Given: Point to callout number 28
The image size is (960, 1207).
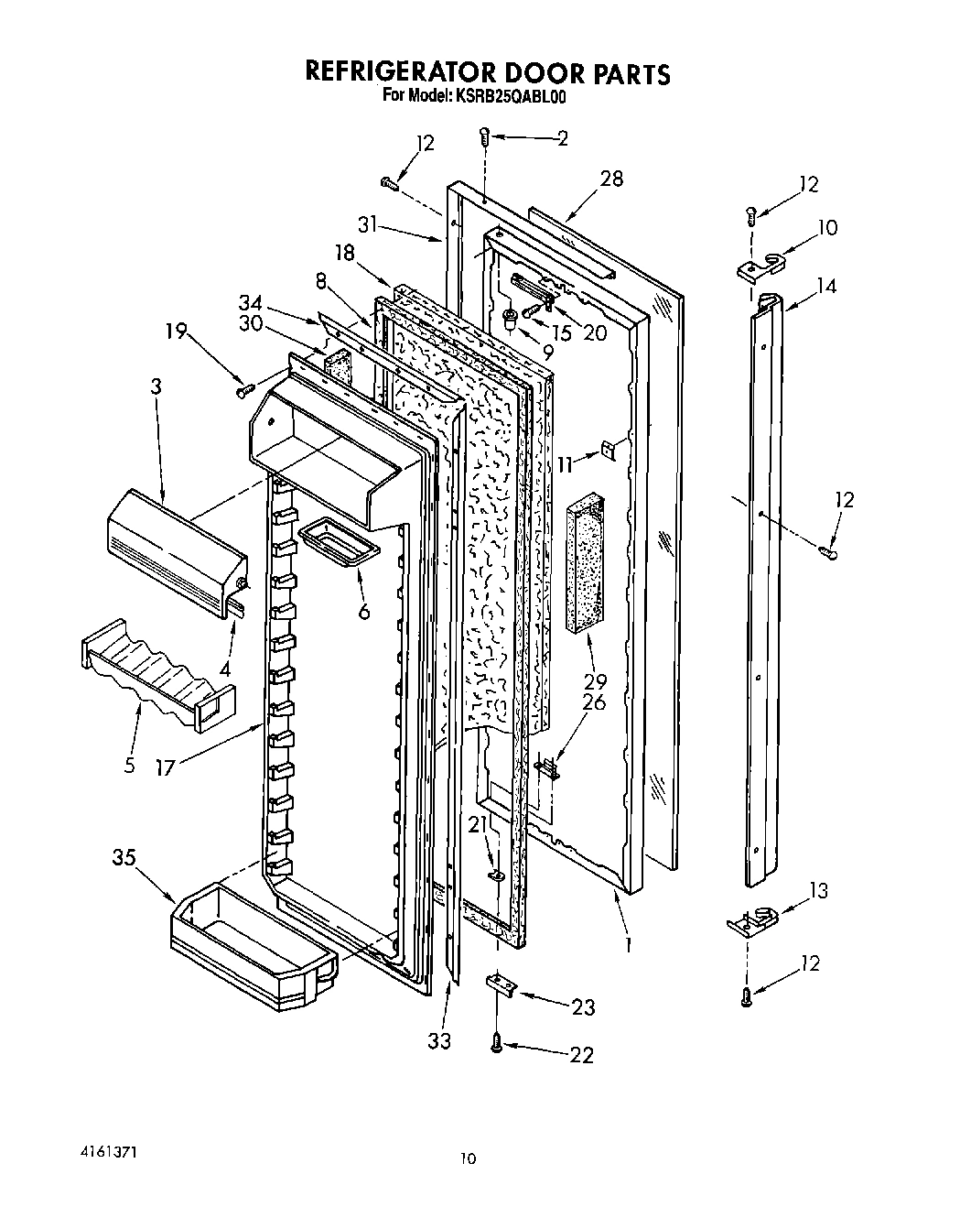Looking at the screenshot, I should point(610,179).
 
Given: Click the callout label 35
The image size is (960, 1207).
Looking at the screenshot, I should point(125,858).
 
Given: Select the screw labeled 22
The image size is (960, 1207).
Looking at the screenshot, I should point(497,1041).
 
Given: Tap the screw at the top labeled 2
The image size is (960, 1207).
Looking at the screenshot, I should point(484,137).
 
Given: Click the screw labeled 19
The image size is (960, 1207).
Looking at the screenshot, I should point(244,391).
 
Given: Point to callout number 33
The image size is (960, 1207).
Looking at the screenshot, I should point(440,1041).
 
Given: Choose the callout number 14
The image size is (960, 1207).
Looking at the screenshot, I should point(826,286).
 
